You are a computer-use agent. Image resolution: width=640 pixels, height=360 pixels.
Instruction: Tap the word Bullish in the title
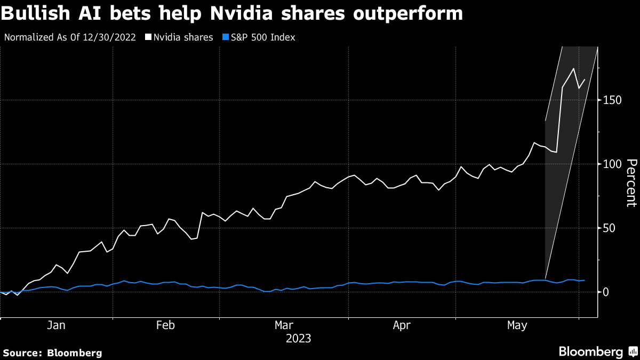34,13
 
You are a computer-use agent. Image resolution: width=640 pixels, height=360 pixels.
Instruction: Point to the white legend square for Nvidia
148,37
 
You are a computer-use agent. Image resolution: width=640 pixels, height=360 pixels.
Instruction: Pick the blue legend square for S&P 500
225,37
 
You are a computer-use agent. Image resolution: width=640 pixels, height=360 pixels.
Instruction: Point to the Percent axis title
631,182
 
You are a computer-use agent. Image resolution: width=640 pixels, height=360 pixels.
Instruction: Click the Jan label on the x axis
57,325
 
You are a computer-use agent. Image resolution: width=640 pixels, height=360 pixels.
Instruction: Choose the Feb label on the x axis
166,325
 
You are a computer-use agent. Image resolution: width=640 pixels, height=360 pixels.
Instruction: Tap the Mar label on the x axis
284,325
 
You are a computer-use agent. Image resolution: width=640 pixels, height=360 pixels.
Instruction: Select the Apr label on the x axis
402,325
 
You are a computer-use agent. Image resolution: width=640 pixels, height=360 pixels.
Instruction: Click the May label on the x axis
516,325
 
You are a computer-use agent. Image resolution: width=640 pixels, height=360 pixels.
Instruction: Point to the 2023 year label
299,338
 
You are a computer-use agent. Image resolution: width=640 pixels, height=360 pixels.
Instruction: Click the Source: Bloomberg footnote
52,353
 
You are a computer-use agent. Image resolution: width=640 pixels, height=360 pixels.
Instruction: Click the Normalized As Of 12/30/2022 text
70,37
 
